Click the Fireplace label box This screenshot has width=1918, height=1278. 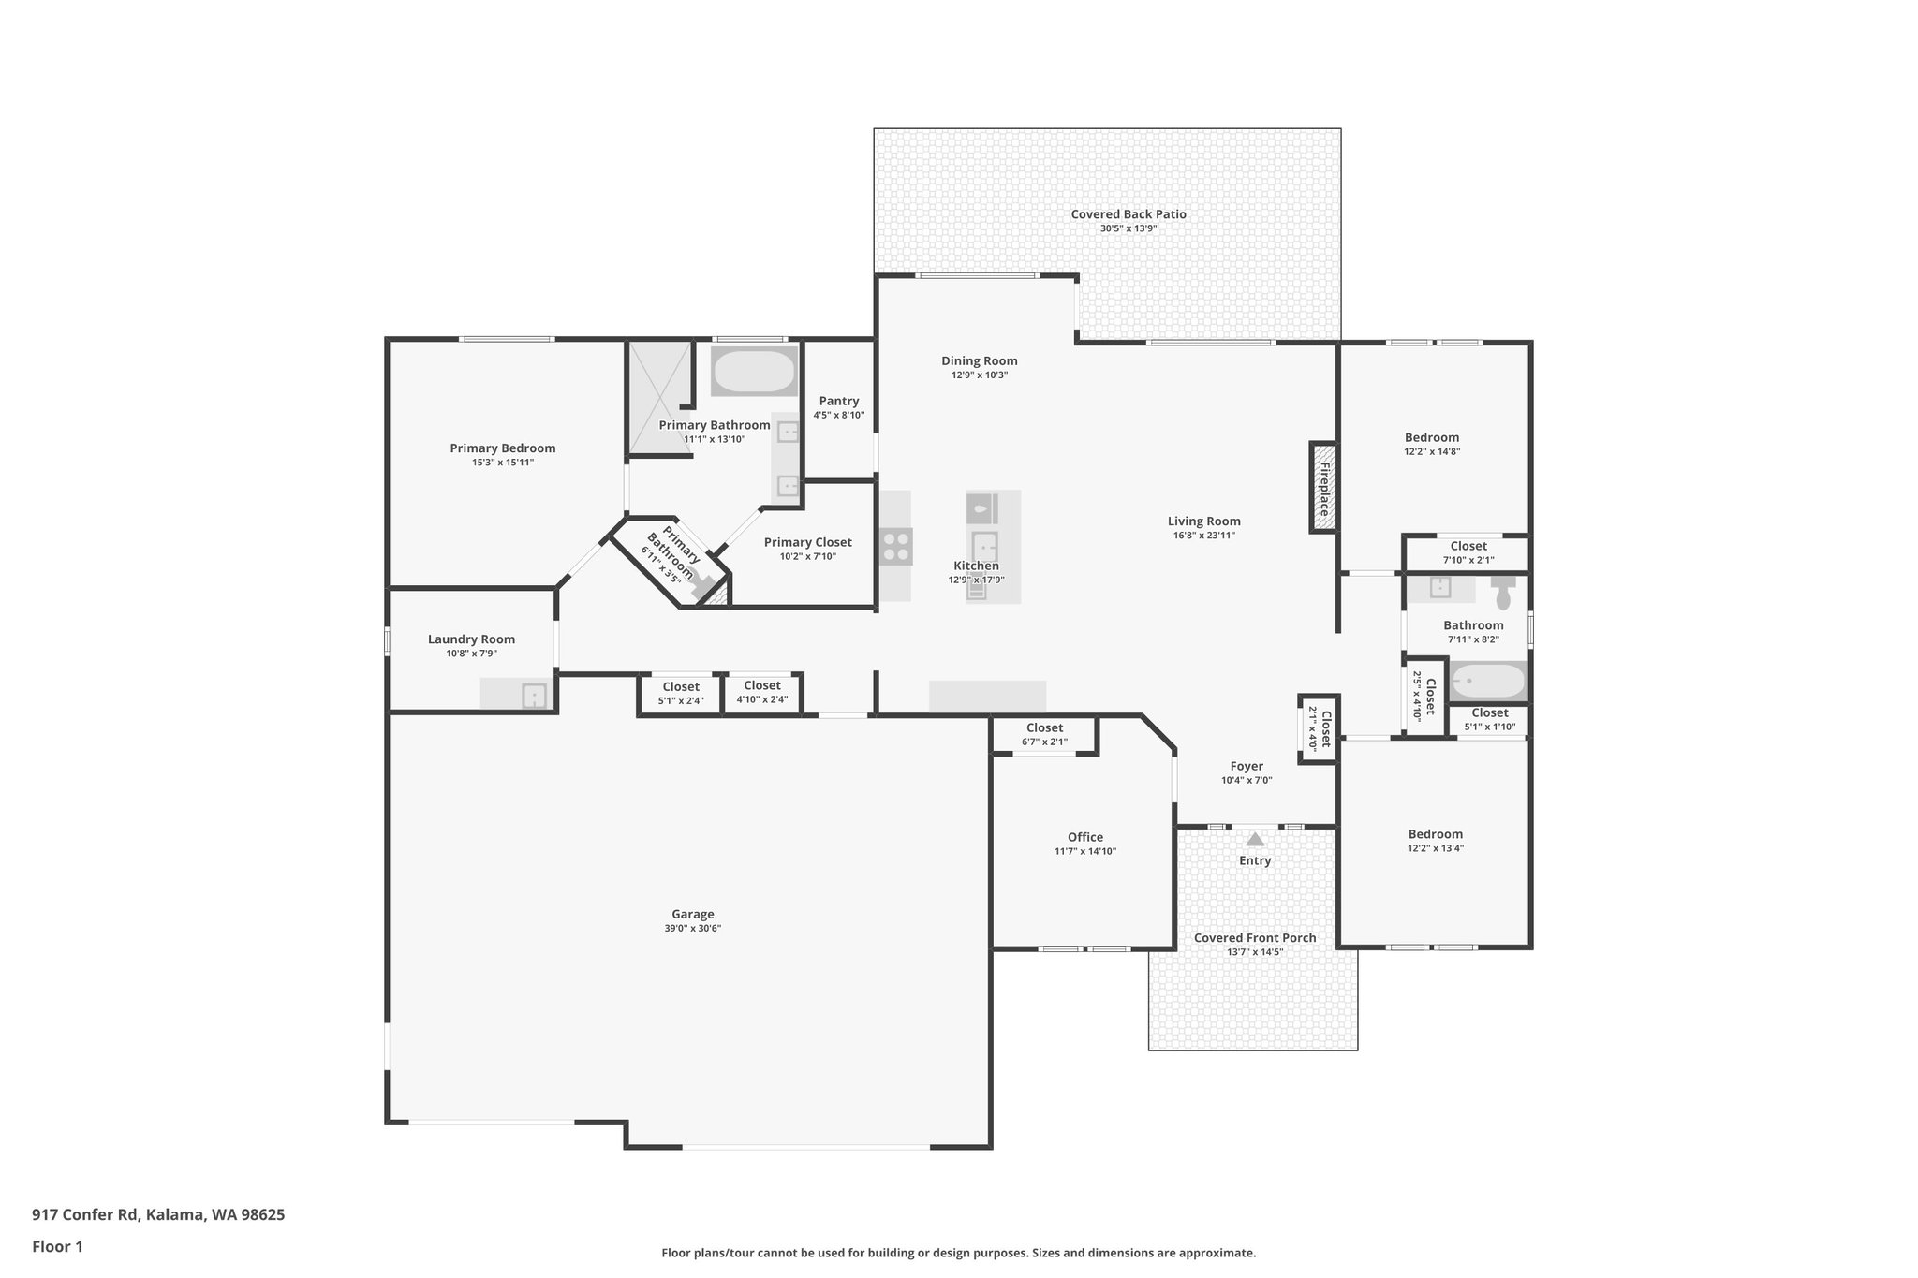(1323, 488)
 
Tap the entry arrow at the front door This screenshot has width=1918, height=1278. (1255, 839)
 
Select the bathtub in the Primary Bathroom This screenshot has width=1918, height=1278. (754, 372)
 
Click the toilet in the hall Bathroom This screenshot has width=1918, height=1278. (1503, 594)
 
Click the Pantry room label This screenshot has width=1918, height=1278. (838, 401)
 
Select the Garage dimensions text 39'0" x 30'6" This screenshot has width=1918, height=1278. (692, 929)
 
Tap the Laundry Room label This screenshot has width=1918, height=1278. (471, 639)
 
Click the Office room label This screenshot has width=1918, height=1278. (1084, 837)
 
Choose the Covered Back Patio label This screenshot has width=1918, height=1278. (1129, 214)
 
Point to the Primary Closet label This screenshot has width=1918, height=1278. (807, 542)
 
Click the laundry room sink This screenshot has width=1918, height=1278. (534, 696)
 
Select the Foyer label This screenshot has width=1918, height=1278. (1247, 766)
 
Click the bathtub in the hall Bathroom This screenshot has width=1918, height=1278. (1487, 681)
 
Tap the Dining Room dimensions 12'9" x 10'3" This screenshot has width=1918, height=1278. (979, 375)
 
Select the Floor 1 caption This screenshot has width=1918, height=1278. (57, 1246)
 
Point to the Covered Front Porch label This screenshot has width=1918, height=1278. (1255, 938)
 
